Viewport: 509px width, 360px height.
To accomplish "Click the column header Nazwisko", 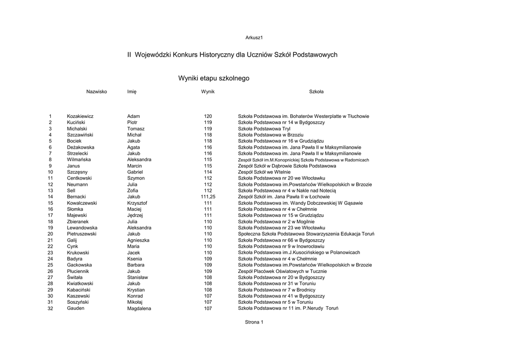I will tap(96, 91).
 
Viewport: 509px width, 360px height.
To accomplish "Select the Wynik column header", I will tap(208, 91).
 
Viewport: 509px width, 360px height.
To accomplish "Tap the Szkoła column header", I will tap(316, 91).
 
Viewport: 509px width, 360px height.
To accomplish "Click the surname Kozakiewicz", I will tap(80, 116).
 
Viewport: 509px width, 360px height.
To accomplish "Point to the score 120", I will tap(208, 116).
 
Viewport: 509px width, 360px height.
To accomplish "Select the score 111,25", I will tap(208, 197).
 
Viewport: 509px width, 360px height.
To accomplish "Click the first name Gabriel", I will tap(135, 172).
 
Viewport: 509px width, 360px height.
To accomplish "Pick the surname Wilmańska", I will tap(79, 160).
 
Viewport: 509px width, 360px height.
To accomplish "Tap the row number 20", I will tap(50, 234).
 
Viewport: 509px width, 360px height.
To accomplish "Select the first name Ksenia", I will tap(134, 259).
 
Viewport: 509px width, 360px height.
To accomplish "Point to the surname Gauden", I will tap(76, 308).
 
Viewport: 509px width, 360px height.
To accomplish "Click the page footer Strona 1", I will tap(254, 322).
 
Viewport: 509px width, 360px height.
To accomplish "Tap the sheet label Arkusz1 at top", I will tap(254, 38).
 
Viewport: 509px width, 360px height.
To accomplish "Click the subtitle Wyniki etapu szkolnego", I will tap(214, 79).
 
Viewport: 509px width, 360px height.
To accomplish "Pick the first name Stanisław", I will tap(138, 277).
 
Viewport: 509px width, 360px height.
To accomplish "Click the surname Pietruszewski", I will tap(82, 234).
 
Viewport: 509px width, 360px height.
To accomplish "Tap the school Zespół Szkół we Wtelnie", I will tap(264, 172).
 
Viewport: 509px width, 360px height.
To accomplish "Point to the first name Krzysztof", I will tap(137, 203).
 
